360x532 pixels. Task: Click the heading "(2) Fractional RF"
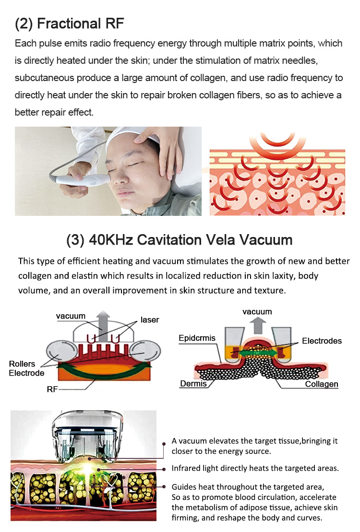point(69,24)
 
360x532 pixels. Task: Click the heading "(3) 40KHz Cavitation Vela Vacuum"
point(180,240)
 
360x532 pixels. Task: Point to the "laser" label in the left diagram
point(150,320)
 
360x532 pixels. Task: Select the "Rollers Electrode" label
point(26,368)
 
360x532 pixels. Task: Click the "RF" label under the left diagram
point(52,389)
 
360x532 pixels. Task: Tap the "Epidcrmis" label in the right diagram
point(197,338)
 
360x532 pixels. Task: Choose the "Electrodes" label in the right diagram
point(322,341)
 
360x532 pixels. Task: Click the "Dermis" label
point(193,383)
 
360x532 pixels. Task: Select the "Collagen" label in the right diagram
point(322,384)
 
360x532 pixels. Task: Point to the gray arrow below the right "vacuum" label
point(258,325)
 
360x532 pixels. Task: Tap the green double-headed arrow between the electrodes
point(259,353)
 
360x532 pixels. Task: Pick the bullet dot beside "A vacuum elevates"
point(164,443)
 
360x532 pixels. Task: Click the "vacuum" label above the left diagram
point(71,316)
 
